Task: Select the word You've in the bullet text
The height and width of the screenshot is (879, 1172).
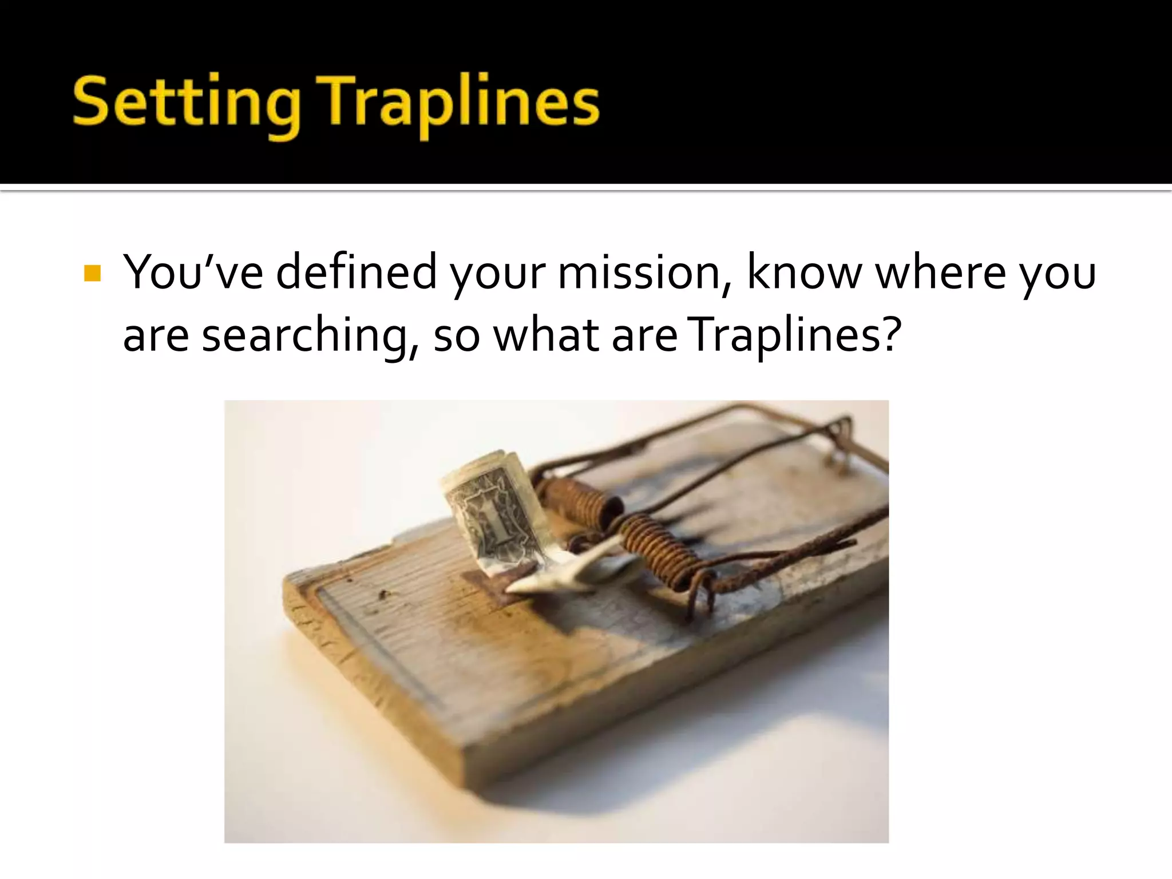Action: tap(193, 272)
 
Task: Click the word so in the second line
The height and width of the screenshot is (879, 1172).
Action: tap(456, 336)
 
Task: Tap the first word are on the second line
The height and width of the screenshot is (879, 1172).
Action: tap(156, 336)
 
